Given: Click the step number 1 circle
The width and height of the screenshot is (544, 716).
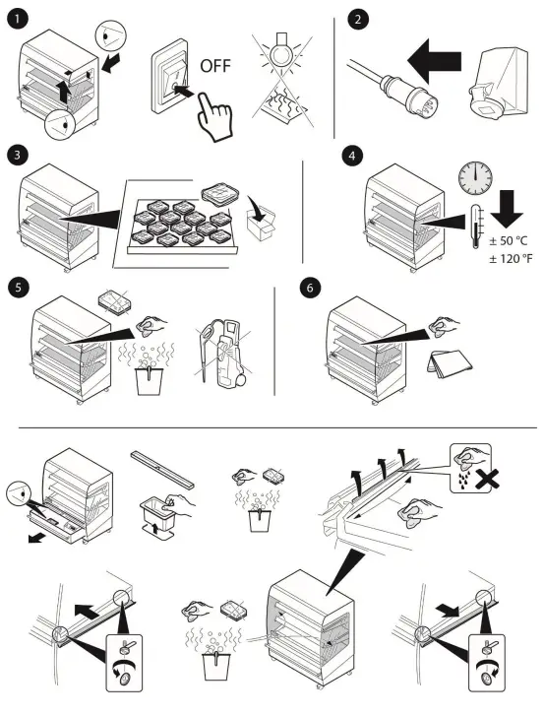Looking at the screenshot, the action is coord(18,19).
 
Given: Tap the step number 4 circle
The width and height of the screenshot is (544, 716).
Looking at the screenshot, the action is coord(352,156).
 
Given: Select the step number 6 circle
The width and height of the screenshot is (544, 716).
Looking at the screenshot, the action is coord(310,289).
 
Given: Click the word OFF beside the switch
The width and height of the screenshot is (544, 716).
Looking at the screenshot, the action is coord(215,66).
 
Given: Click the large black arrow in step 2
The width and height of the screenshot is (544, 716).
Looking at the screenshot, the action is coord(434,61).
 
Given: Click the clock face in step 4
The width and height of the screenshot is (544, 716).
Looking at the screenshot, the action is coord(475,177).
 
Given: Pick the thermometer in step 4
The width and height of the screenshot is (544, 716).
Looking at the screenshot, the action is coord(475,227).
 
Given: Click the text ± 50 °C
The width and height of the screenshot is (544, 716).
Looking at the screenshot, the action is coord(508,240).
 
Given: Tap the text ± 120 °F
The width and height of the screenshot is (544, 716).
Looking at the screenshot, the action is coord(511,259).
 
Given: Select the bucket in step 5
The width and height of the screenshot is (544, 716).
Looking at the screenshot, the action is coord(149,379).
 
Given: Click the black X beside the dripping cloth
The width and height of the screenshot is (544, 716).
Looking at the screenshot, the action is coord(486,479).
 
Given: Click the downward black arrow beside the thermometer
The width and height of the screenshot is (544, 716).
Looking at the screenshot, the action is coord(507,209).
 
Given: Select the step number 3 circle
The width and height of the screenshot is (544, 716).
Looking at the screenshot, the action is coord(18,155).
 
